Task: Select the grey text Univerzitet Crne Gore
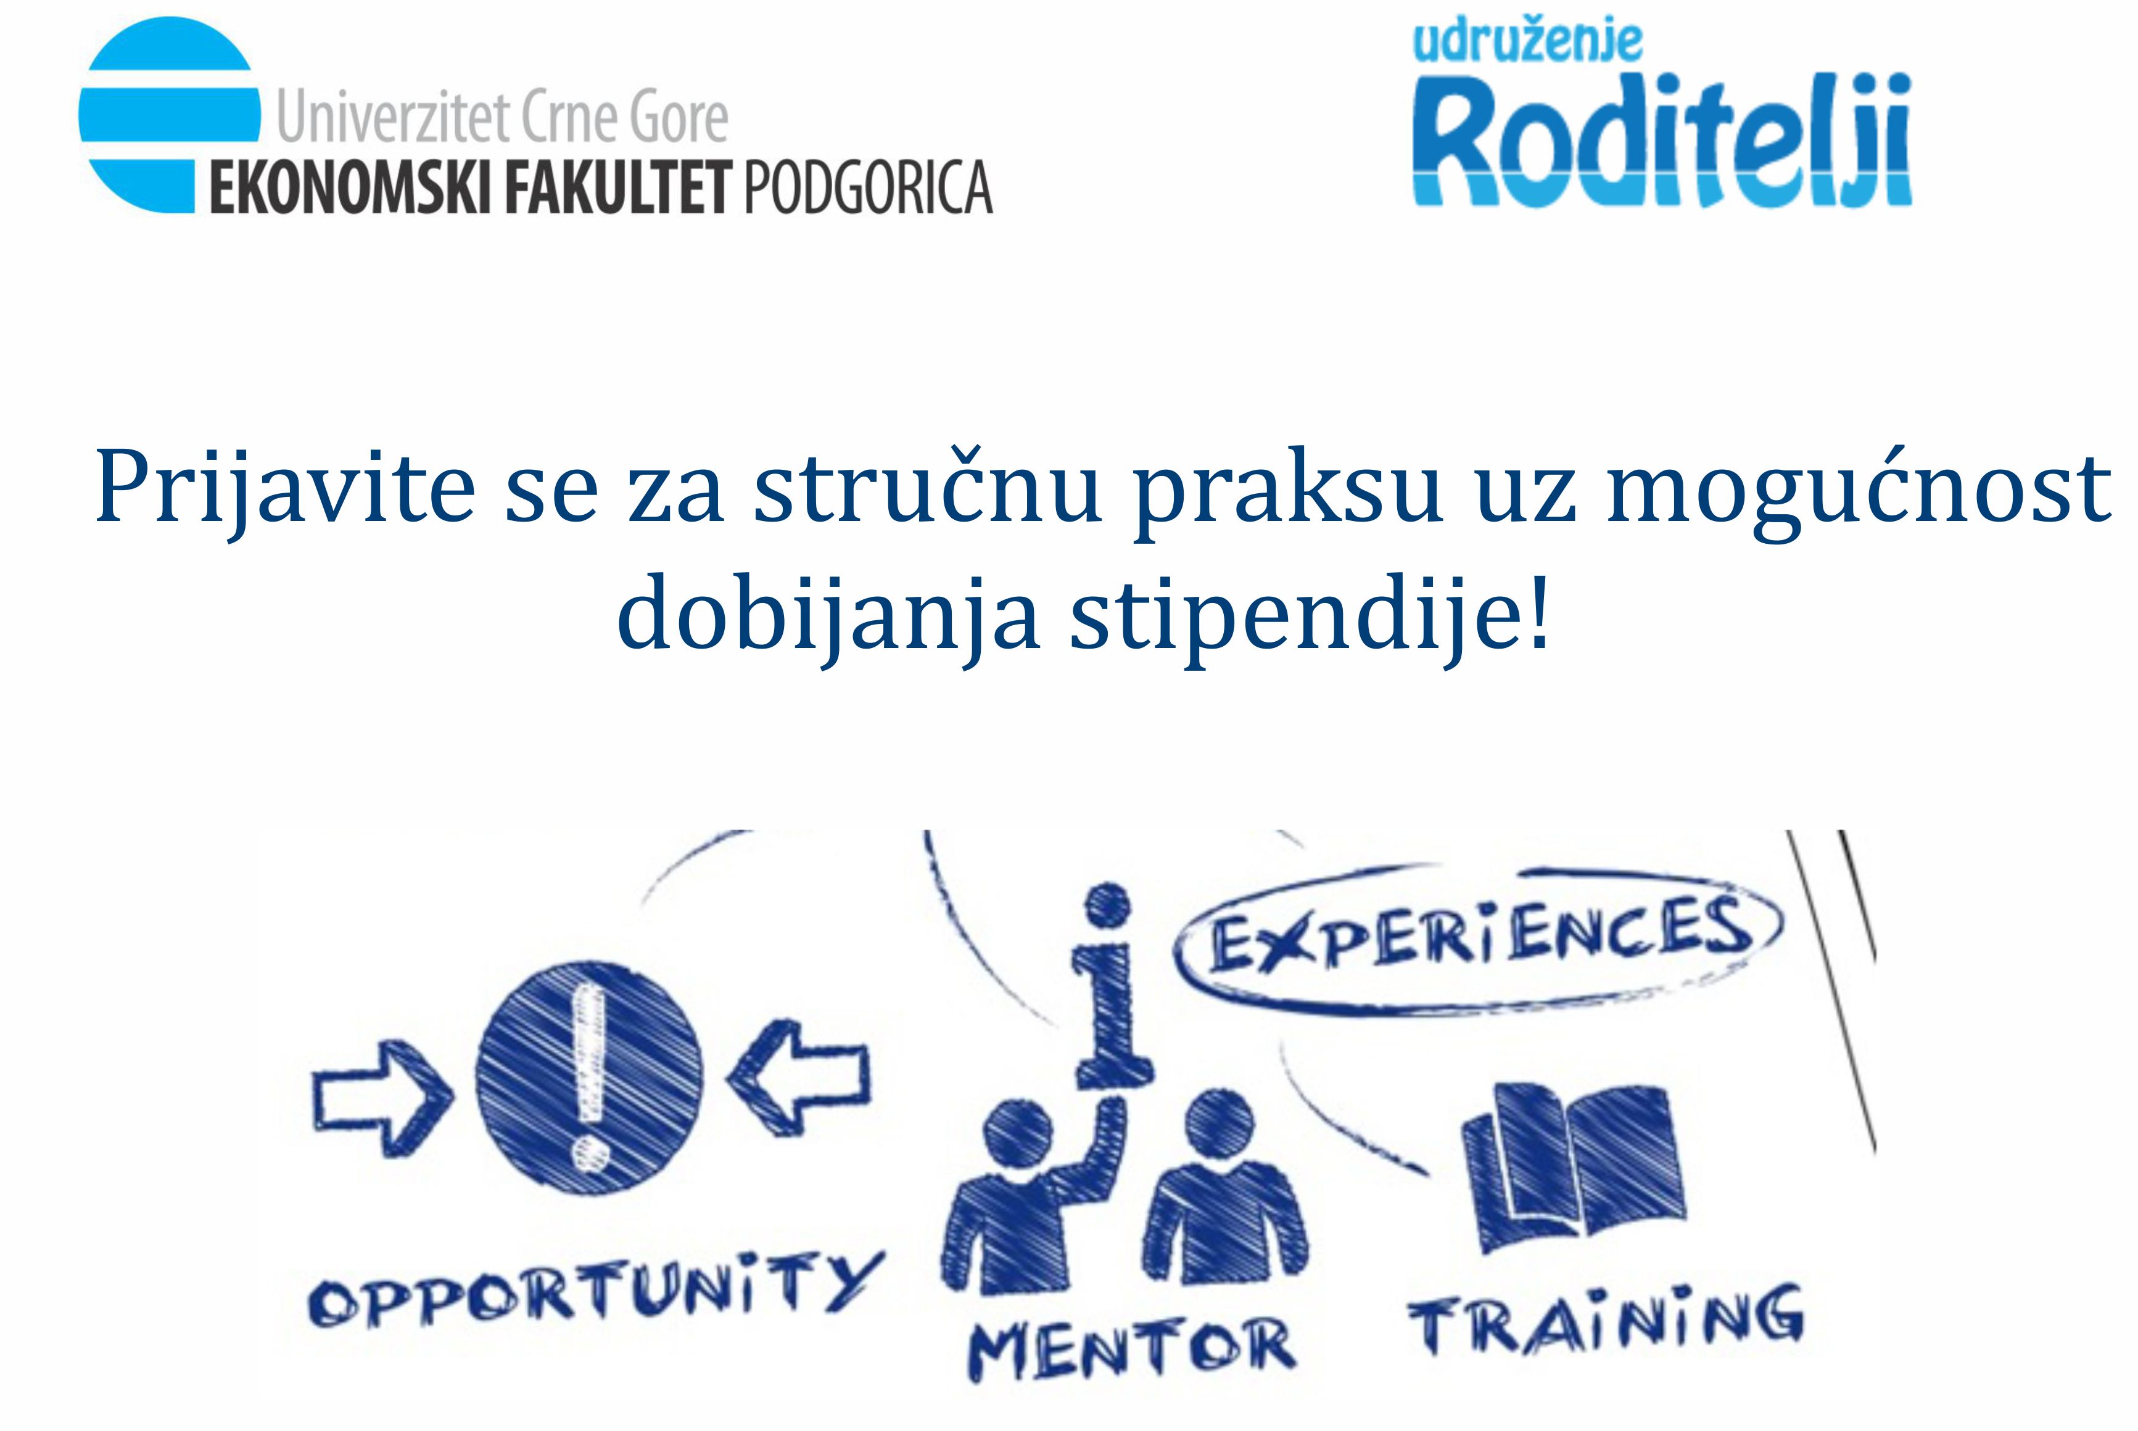(502, 116)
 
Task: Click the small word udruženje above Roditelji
(1527, 41)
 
